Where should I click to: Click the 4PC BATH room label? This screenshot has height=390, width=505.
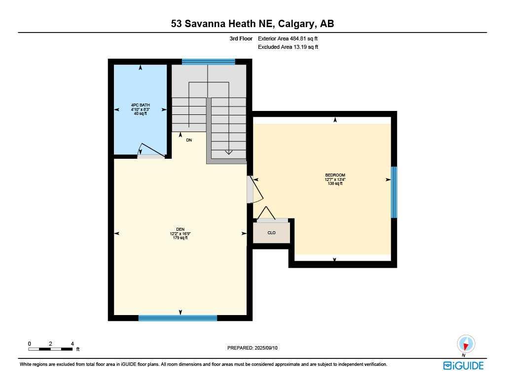click(141, 105)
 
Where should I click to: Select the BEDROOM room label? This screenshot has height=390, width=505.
click(335, 175)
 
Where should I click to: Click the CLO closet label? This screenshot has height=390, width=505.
click(271, 233)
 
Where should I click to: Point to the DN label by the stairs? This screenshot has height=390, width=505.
click(188, 140)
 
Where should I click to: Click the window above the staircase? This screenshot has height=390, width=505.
click(208, 62)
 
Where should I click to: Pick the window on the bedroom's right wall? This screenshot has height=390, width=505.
click(394, 192)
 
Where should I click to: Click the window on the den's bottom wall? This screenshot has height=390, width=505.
click(178, 318)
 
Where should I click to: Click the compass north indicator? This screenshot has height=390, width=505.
click(466, 344)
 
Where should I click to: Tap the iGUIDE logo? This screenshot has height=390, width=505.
click(463, 365)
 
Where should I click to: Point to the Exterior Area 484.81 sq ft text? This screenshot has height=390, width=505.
click(291, 38)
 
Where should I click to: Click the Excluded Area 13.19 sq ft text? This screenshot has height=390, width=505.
click(288, 47)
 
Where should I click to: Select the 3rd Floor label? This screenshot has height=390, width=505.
click(241, 38)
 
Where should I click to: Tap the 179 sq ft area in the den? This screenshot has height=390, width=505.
click(179, 238)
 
